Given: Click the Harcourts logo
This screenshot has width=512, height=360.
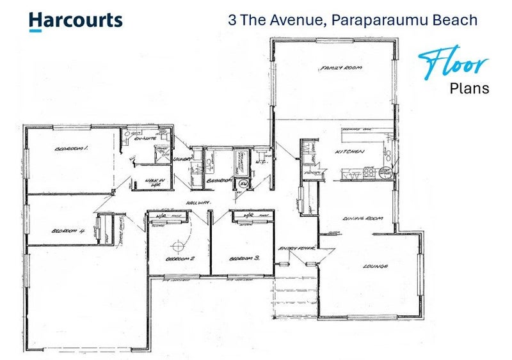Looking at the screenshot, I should (76, 20).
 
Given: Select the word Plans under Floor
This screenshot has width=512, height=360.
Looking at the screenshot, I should (469, 88).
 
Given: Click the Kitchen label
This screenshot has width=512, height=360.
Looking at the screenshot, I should (351, 152).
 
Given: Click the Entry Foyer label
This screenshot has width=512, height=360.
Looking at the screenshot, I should (293, 248).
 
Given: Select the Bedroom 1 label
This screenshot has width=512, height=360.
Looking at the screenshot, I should (71, 148).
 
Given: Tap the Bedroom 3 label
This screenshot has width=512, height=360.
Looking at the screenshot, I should (244, 258).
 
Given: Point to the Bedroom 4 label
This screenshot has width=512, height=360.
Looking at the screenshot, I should (68, 231).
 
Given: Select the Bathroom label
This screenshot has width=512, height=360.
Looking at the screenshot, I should (219, 181).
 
